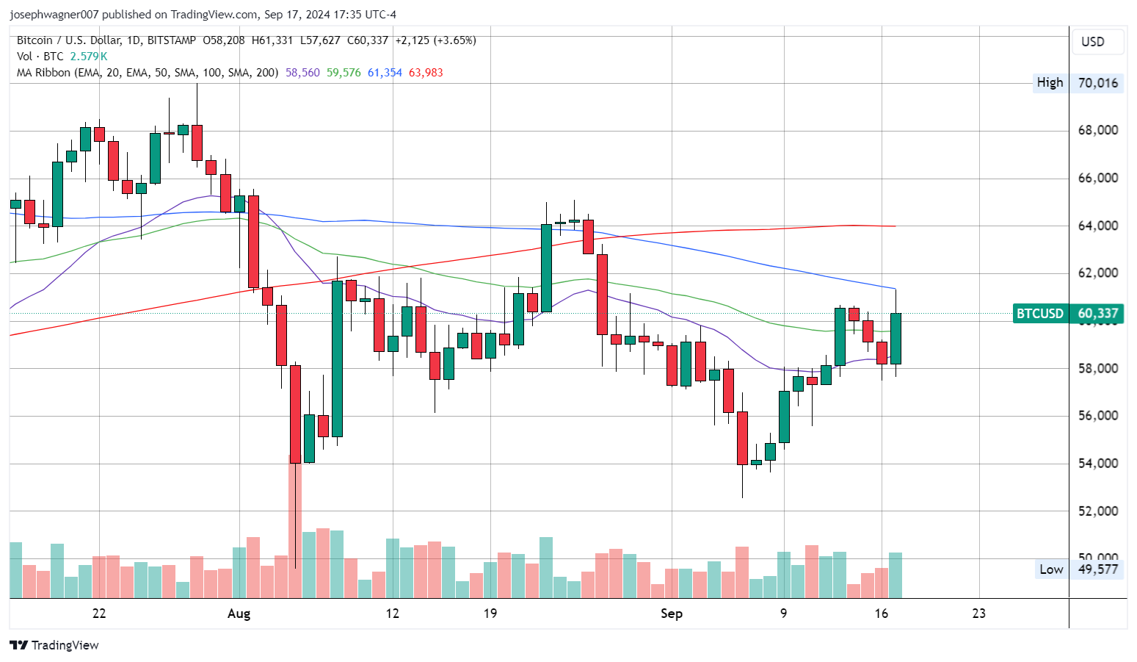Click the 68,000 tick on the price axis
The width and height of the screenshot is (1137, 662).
[x=1097, y=130]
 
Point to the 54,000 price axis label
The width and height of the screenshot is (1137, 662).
[x=1097, y=463]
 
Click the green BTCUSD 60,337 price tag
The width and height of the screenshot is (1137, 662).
[x=1067, y=314]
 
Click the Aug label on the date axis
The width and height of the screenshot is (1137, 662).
[x=239, y=614]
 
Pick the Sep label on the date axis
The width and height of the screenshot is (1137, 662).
[x=671, y=614]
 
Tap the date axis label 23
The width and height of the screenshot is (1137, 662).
[x=978, y=614]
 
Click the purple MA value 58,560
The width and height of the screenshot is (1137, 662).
[x=302, y=73]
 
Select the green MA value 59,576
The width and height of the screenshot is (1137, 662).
[x=344, y=73]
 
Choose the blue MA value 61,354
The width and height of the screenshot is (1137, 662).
[x=385, y=73]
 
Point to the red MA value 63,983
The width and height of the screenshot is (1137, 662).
[x=426, y=73]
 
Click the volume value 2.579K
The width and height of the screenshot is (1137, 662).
[x=89, y=57]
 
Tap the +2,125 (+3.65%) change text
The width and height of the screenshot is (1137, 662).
[x=435, y=40]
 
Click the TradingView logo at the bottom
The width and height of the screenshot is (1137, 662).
[x=54, y=645]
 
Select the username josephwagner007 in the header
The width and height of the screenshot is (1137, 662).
[x=54, y=15]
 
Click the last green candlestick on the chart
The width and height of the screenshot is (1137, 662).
[x=896, y=338]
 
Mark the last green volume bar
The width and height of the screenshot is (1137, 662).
[x=896, y=575]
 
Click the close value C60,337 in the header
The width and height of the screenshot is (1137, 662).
[x=367, y=40]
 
